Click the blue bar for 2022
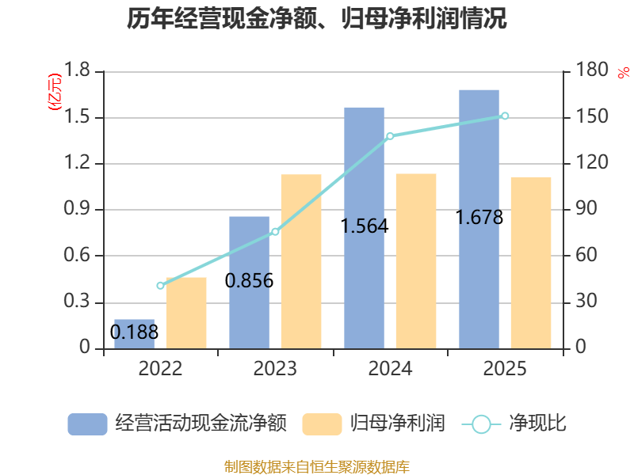point(134,334)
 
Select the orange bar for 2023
point(301,261)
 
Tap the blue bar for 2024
point(364,228)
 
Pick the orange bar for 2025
point(531,263)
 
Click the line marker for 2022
point(160,286)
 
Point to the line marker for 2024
point(390,136)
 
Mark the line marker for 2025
point(505,116)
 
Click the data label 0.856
point(249,281)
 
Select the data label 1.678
point(479,217)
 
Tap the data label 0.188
point(134,332)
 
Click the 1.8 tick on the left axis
point(77,70)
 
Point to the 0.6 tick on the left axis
point(77,255)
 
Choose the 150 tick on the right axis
point(592,116)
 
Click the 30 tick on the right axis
point(586,301)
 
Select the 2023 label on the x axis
point(275,368)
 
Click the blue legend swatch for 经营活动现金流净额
point(87,424)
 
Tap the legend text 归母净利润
point(398,424)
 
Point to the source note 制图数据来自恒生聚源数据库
point(317,467)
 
